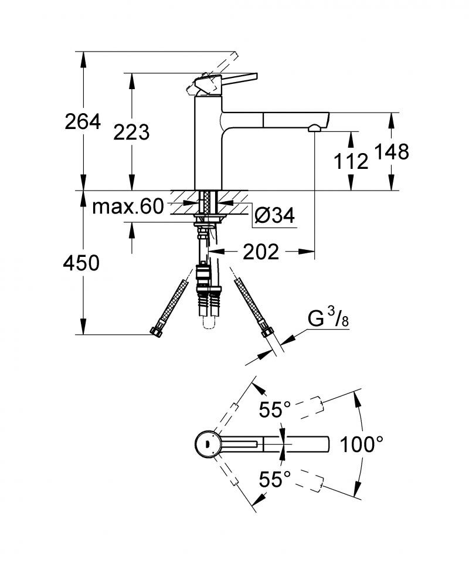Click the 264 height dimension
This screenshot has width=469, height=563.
pyautogui.click(x=82, y=122)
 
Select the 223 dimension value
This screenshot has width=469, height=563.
pyautogui.click(x=131, y=133)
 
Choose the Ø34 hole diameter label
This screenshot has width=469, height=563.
pyautogui.click(x=274, y=216)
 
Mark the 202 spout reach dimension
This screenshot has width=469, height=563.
pyautogui.click(x=260, y=252)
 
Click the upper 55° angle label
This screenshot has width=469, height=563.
pyautogui.click(x=276, y=410)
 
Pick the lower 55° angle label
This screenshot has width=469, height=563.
pyautogui.click(x=276, y=479)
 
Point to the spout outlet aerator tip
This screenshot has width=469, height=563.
pyautogui.click(x=315, y=127)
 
